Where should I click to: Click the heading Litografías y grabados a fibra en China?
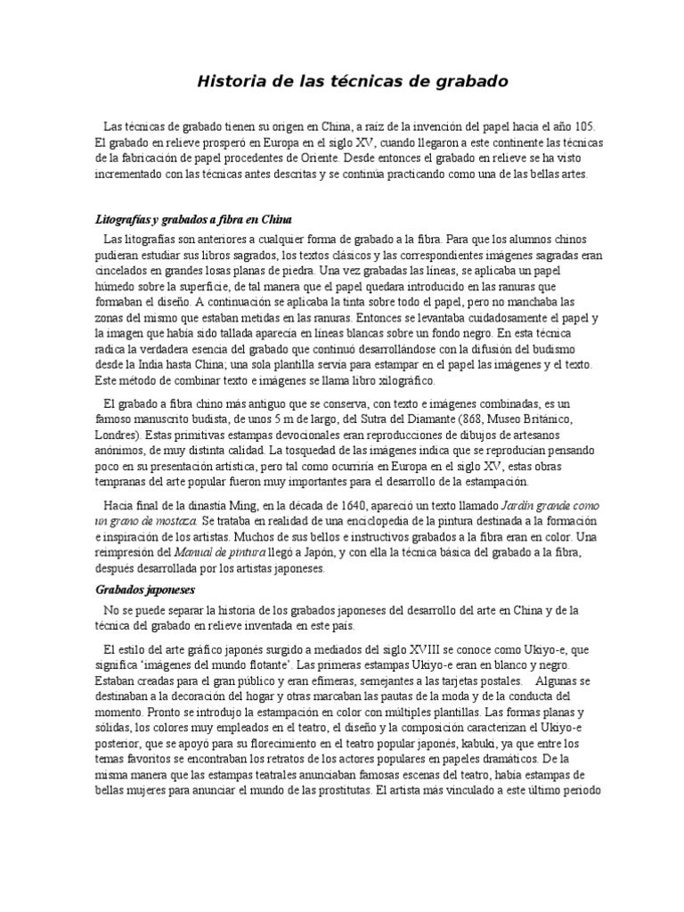pyautogui.click(x=193, y=219)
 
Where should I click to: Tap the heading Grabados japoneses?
pyautogui.click(x=144, y=590)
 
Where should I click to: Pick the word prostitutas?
pyautogui.click(x=337, y=791)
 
